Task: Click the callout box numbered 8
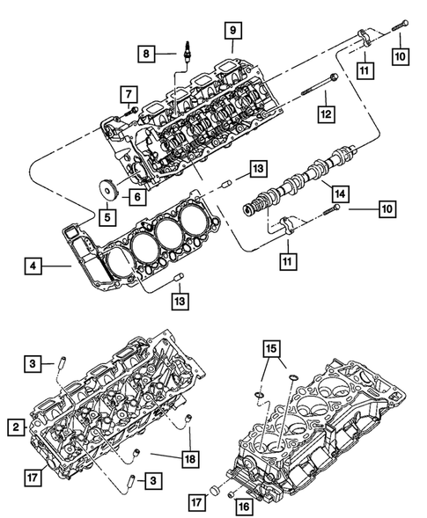tap(147, 55)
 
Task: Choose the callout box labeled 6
tap(138, 198)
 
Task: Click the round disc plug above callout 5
tap(107, 188)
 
